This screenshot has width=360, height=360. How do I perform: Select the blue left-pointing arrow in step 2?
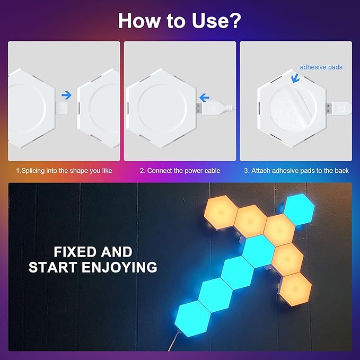(x=204, y=97)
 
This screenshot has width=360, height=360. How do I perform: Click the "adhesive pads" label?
(x=321, y=67)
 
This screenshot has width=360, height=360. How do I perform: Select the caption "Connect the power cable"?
(x=180, y=171)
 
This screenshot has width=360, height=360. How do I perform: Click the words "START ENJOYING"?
(x=93, y=267)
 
